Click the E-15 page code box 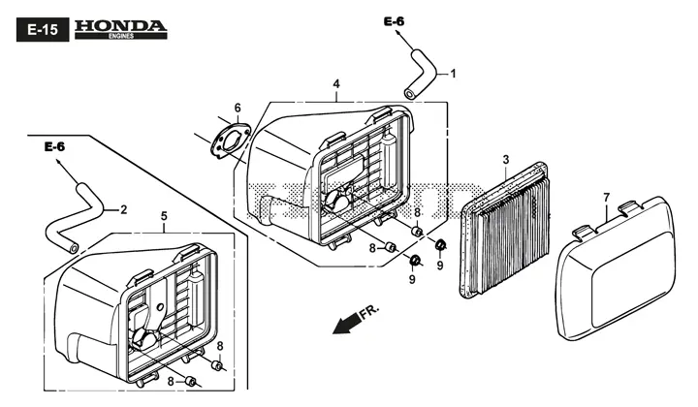click(43, 30)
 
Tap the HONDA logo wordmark click(120, 26)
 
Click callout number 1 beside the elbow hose click(453, 74)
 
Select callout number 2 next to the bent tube click(124, 209)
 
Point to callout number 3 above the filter click(506, 159)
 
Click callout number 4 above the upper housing click(336, 84)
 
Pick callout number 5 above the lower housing click(164, 216)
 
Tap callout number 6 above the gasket click(238, 109)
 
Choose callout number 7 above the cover click(606, 197)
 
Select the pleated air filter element click(504, 231)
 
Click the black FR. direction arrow click(346, 323)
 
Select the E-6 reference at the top click(395, 21)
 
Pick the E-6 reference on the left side click(54, 146)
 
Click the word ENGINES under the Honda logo click(120, 36)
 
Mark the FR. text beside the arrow click(370, 311)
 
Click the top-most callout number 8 click(417, 212)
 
